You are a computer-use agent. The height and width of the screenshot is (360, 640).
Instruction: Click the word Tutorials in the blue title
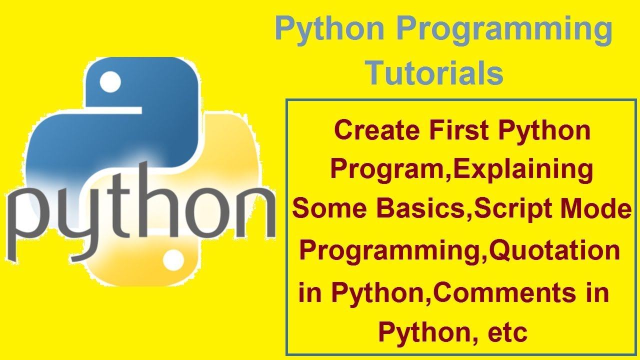click(434, 73)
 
